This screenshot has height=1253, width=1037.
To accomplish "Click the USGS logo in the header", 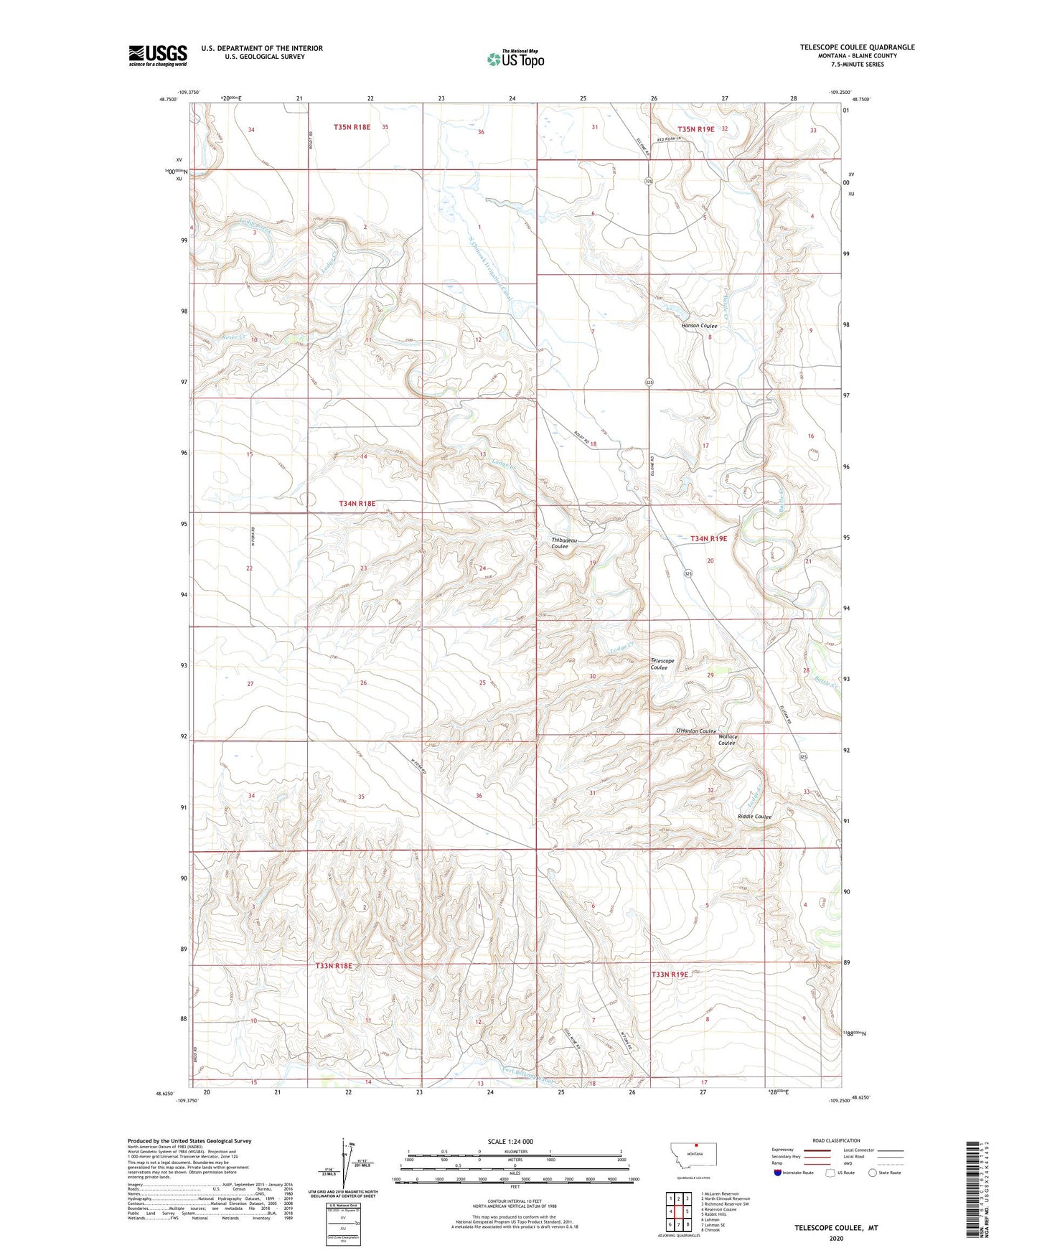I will click(157, 55).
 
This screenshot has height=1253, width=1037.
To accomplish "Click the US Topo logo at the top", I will click(515, 58).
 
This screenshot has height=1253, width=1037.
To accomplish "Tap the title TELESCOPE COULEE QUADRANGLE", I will click(857, 47).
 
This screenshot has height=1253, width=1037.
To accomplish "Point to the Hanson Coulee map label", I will click(699, 326).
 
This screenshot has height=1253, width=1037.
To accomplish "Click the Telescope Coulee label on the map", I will click(662, 664).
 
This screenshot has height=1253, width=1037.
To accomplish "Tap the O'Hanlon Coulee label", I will click(695, 731).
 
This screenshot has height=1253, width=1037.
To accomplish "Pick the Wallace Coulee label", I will click(728, 740).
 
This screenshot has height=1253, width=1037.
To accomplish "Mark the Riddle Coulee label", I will click(754, 817).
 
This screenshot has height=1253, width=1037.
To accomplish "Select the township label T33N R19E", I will click(669, 975).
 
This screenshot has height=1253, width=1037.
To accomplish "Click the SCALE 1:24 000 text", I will click(510, 1142).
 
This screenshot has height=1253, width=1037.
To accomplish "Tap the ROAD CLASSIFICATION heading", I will click(836, 1140).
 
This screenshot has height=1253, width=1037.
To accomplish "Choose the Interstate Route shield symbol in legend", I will click(779, 1173).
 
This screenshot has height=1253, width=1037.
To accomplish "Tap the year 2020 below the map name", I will click(836, 1238).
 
